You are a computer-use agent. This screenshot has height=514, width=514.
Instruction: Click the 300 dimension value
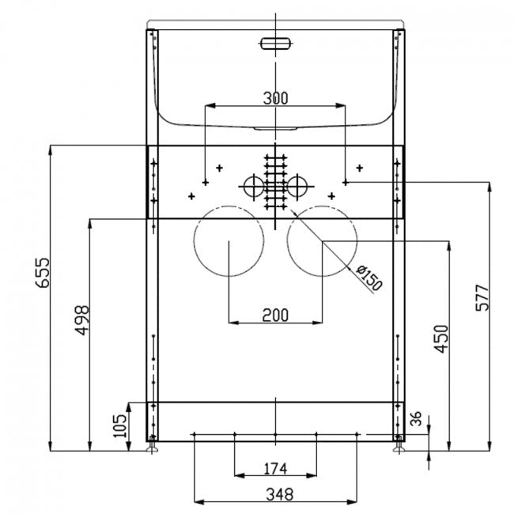click(x=274, y=98)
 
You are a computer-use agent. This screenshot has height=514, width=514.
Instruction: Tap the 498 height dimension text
click(x=83, y=320)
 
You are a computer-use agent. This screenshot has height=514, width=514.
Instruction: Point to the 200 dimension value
click(x=274, y=315)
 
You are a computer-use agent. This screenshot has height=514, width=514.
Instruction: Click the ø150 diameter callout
click(x=369, y=278)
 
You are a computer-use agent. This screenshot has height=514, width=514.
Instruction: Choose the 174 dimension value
click(x=274, y=469)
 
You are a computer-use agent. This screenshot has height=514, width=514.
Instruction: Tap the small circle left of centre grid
click(x=253, y=187)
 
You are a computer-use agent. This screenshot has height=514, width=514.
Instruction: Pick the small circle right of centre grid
click(x=297, y=187)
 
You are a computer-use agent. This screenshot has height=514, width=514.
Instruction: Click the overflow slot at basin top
click(x=274, y=43)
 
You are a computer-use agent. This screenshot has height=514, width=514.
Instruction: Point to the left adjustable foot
click(x=152, y=448)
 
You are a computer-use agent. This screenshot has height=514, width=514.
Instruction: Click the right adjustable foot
click(x=399, y=448)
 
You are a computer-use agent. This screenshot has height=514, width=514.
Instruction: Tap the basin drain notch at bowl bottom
click(x=274, y=127)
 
